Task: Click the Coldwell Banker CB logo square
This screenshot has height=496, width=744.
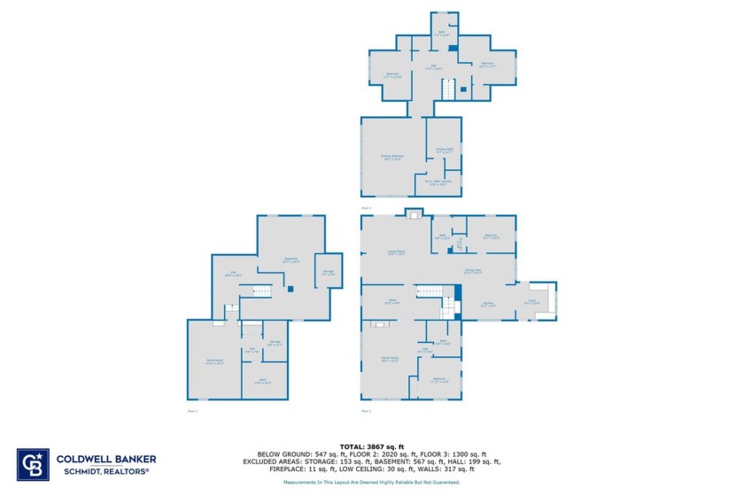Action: [x=33, y=464]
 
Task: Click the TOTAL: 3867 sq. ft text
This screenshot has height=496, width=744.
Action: [x=371, y=446]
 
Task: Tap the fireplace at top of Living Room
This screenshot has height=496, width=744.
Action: [x=413, y=213]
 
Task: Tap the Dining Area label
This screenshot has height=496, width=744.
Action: [x=472, y=271]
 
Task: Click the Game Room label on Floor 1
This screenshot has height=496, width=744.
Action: [x=214, y=362]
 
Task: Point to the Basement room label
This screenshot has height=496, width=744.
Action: [x=290, y=261]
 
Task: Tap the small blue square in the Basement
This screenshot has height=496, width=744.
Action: [x=289, y=289]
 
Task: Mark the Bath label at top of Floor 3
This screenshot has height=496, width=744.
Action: [x=441, y=34]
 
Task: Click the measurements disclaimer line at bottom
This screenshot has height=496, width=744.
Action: [x=371, y=482]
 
